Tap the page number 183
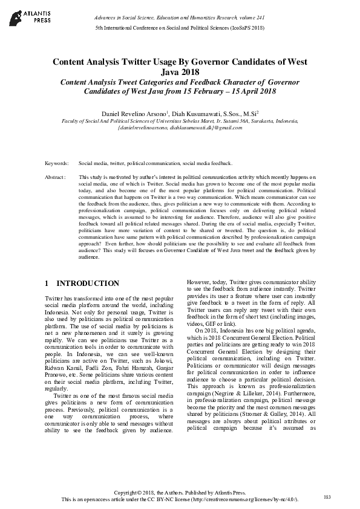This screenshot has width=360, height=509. pyautogui.click(x=327, y=497)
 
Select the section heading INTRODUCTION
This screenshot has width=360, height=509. pyautogui.click(x=88, y=284)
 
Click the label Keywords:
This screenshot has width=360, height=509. pyautogui.click(x=56, y=164)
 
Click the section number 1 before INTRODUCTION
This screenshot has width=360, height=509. pyautogui.click(x=47, y=284)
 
